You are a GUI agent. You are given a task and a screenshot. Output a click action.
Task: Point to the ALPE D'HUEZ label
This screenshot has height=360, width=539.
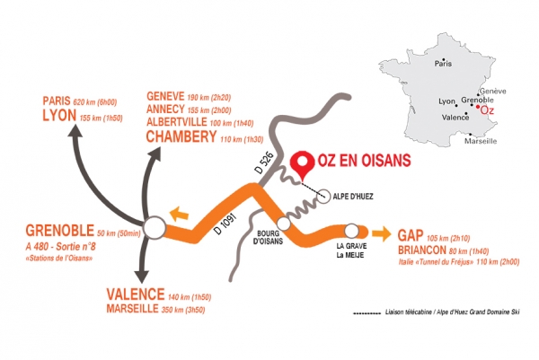(x=351, y=195)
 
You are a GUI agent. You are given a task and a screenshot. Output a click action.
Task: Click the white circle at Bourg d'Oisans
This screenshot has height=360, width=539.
(x=284, y=222)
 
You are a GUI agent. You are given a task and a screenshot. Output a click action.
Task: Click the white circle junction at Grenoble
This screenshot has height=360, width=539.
(x=155, y=228)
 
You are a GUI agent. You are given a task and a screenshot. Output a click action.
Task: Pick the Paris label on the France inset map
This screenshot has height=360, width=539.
(x=443, y=64)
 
